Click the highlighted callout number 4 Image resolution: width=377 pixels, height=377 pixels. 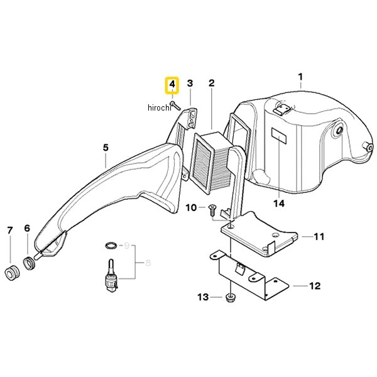tap(172, 85)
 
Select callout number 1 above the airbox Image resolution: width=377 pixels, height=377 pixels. tap(300, 77)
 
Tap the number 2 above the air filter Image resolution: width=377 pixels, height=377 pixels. tap(211, 83)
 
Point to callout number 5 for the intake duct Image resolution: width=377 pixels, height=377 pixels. tap(106, 148)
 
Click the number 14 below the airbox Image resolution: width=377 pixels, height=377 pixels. tap(279, 204)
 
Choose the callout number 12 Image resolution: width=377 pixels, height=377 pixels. tap(315, 286)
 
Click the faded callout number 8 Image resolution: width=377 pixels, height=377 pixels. tap(148, 263)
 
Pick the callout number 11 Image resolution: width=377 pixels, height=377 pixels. tap(319, 237)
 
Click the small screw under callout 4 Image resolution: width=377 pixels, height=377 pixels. tap(175, 106)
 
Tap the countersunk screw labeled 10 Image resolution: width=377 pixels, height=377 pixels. tap(212, 210)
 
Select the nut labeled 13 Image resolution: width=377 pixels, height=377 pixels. tap(231, 298)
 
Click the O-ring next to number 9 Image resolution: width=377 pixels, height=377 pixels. tap(111, 246)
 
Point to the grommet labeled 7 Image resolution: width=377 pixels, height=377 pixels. tap(12, 273)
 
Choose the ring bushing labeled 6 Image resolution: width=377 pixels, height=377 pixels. tap(30, 263)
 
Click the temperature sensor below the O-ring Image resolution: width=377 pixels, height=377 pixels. tap(111, 276)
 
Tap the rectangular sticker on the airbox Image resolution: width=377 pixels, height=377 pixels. tap(279, 136)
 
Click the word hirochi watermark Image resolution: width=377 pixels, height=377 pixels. tap(160, 107)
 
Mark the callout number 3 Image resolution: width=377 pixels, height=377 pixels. tap(190, 83)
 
